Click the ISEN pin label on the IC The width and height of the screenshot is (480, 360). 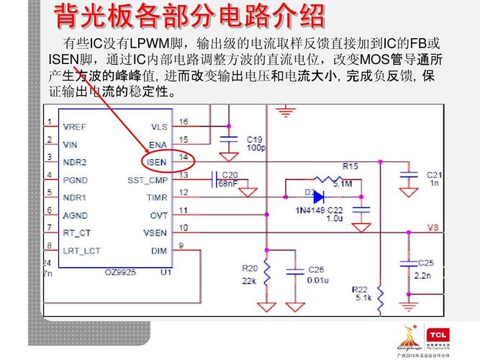click(x=156, y=162)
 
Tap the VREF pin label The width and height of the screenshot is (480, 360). click(x=74, y=127)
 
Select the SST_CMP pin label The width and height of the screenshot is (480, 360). click(x=148, y=180)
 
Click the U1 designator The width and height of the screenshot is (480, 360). click(x=166, y=271)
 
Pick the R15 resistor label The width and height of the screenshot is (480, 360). click(x=350, y=166)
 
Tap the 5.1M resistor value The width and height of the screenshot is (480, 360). click(x=342, y=184)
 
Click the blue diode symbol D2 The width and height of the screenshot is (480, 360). click(x=317, y=197)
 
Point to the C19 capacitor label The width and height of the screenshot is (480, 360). click(x=255, y=139)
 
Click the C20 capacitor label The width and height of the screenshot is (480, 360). click(x=230, y=175)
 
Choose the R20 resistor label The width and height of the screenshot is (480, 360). click(x=250, y=268)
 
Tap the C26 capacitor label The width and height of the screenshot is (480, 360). click(x=316, y=269)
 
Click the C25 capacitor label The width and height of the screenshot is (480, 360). click(x=426, y=263)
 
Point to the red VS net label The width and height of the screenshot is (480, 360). click(x=433, y=228)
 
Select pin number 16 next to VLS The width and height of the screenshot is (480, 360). click(x=184, y=122)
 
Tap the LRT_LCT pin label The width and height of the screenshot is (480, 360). click(x=81, y=251)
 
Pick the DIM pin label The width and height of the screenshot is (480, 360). click(x=158, y=251)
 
